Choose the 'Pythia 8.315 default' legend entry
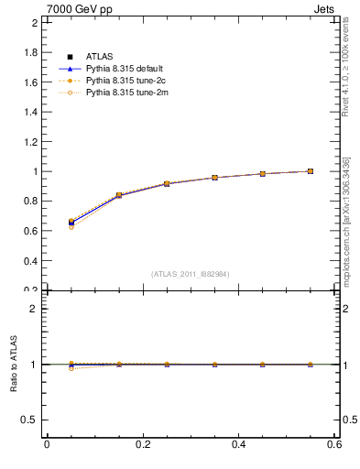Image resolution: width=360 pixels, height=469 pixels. pyautogui.click(x=122, y=69)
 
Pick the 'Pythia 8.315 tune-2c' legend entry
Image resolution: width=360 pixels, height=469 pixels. pyautogui.click(x=122, y=81)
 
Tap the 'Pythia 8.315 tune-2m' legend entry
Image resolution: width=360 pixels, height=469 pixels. pyautogui.click(x=122, y=93)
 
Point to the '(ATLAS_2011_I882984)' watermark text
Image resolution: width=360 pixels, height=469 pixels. pyautogui.click(x=190, y=273)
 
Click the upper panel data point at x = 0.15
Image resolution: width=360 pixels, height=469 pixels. pyautogui.click(x=118, y=195)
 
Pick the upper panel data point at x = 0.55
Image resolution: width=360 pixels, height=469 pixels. pyautogui.click(x=311, y=171)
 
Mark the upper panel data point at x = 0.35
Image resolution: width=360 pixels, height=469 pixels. pyautogui.click(x=214, y=178)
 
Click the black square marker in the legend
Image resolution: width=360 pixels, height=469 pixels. pyautogui.click(x=70, y=57)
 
